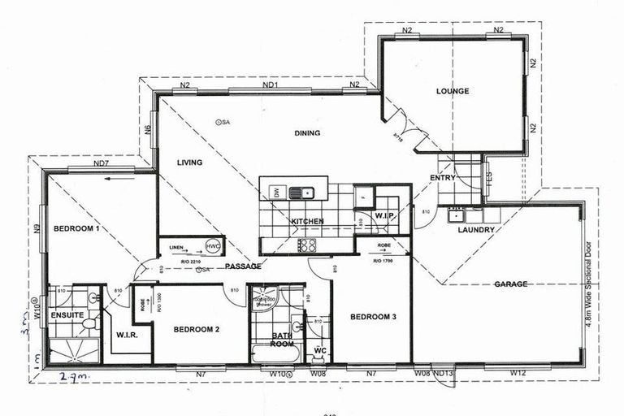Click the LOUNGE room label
pyautogui.click(x=452, y=91)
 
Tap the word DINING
pyautogui.click(x=307, y=133)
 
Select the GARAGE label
pyautogui.click(x=511, y=284)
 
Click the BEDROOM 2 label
pyautogui.click(x=197, y=330)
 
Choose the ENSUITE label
pyautogui.click(x=67, y=314)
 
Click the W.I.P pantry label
pyautogui.click(x=383, y=215)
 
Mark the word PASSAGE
pyautogui.click(x=243, y=266)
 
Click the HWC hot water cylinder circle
pyautogui.click(x=213, y=246)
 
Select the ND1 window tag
pyautogui.click(x=271, y=85)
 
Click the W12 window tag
pyautogui.click(x=517, y=373)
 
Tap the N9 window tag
pyautogui.click(x=37, y=228)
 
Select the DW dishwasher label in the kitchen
pyautogui.click(x=275, y=192)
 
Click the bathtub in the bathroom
pyautogui.click(x=268, y=353)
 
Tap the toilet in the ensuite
pyautogui.click(x=89, y=324)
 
